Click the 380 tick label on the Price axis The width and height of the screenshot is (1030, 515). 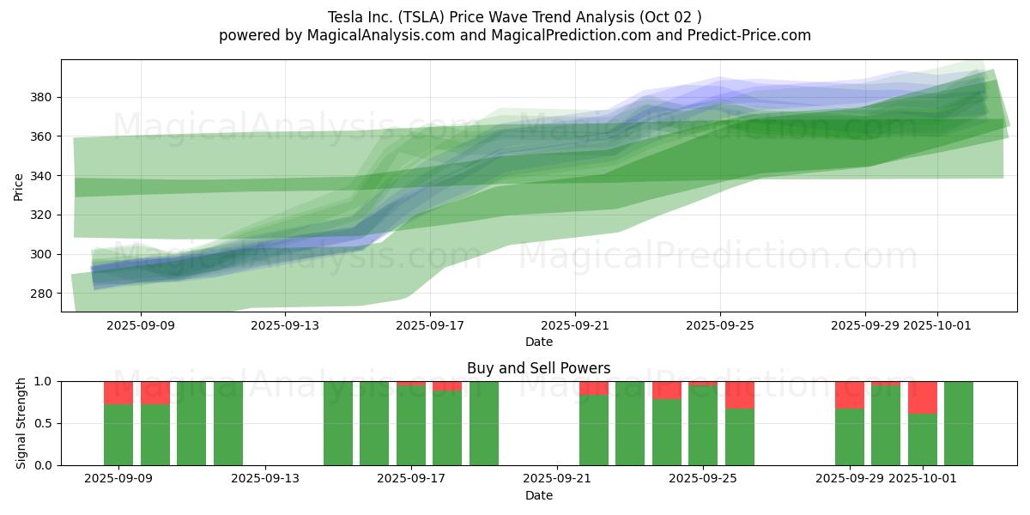(41, 98)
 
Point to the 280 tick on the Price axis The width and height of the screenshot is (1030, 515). (41, 294)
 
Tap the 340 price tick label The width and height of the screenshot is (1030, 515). (41, 176)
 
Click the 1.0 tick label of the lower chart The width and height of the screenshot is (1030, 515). (42, 381)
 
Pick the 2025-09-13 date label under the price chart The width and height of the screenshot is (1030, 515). (285, 325)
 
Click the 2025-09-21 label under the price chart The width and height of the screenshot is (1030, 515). (575, 325)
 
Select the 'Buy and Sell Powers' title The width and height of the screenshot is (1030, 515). (538, 368)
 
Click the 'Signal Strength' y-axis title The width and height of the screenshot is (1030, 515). (21, 423)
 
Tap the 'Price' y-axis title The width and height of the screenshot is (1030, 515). (19, 185)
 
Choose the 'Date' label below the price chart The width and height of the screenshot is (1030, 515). (538, 342)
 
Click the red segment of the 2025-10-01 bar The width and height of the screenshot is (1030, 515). (923, 397)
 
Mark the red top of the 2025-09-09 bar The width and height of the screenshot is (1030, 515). (118, 392)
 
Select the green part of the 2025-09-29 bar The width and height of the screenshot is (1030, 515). (850, 437)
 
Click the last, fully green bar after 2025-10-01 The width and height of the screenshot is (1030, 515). (959, 423)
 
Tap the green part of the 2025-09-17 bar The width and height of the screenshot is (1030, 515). (411, 426)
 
